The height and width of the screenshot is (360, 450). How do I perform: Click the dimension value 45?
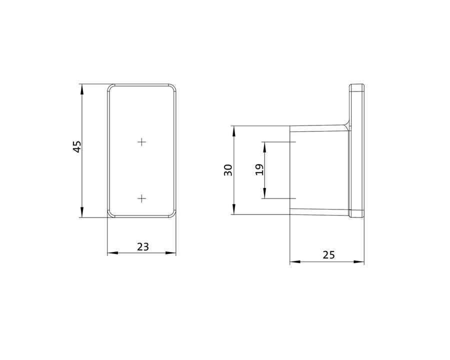[77, 146]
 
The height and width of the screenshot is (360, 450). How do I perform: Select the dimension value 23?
[143, 246]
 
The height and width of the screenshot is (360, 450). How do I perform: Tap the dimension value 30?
[228, 170]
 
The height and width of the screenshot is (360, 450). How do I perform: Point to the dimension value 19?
[259, 169]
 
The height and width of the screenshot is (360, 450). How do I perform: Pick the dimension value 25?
[329, 254]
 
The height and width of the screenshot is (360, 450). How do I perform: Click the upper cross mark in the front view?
[142, 142]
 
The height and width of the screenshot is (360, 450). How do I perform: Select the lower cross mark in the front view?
[142, 198]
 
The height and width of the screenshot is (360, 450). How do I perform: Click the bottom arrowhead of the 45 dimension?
[82, 212]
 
